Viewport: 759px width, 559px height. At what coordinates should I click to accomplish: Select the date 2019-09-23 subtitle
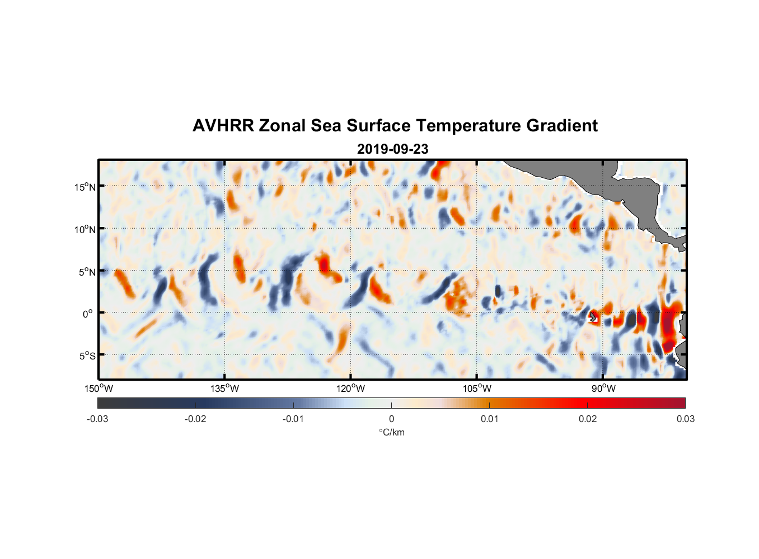[x=392, y=149]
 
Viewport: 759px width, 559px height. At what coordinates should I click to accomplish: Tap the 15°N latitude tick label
[x=85, y=187]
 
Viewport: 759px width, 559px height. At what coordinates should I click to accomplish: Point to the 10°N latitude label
[x=85, y=229]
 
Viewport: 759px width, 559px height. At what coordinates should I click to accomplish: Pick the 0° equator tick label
[x=87, y=314]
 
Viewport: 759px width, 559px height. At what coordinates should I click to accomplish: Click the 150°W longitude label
[x=99, y=389]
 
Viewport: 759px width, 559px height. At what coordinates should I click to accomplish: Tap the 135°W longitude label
[x=225, y=389]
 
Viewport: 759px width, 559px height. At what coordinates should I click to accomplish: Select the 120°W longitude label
[x=351, y=389]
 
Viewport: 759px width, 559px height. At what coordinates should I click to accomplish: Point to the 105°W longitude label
[x=477, y=389]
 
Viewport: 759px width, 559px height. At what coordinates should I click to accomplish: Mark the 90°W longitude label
[x=603, y=389]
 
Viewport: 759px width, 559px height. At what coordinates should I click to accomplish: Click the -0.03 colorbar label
[x=97, y=419]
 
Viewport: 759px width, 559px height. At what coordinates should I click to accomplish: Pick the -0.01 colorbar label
[x=293, y=419]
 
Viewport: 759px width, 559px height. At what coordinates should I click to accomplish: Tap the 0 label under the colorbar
[x=391, y=419]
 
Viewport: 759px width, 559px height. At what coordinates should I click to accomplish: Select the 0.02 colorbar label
[x=588, y=419]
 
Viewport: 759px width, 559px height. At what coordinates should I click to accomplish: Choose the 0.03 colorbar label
[x=685, y=419]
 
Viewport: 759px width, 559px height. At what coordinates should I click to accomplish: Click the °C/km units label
[x=391, y=432]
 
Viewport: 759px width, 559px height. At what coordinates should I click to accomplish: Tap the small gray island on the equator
[x=593, y=317]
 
